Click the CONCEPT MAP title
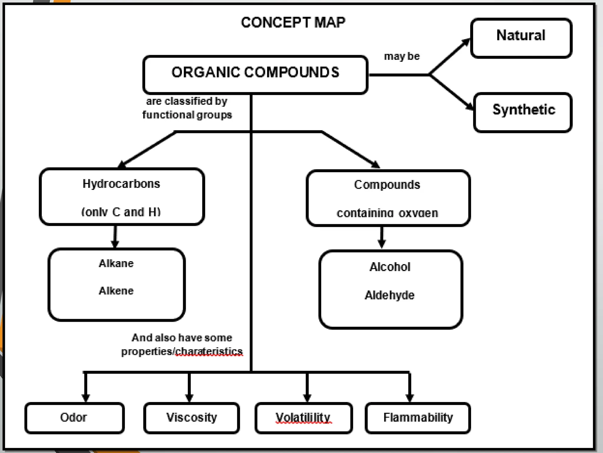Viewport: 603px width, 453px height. pos(293,22)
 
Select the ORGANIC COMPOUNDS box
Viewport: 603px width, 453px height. pos(255,74)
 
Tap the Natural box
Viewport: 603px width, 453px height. pos(521,38)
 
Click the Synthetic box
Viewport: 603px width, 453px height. pos(523,112)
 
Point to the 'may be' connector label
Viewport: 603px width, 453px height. pos(402,56)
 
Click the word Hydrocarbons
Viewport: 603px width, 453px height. pos(121,184)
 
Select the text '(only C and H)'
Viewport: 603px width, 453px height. pos(121,212)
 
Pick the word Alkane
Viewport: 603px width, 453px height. pos(116,263)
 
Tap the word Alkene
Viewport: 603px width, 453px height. pos(116,291)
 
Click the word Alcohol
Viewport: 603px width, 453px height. pos(390,267)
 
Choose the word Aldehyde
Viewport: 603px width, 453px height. pos(390,295)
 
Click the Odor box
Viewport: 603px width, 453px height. pos(74,418)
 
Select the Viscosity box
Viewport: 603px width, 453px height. pos(191,418)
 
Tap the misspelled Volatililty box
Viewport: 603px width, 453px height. pos(303,418)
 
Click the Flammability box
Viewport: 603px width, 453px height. pos(418,418)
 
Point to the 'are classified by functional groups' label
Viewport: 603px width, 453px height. pos(187,108)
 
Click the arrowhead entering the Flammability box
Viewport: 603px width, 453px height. pos(410,398)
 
